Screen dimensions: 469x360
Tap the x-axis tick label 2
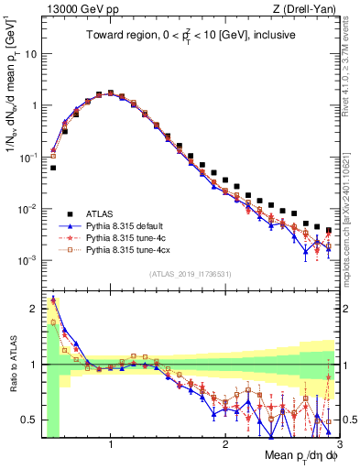point(225,444)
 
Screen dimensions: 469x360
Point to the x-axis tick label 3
point(338,444)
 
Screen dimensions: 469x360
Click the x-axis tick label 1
point(111,444)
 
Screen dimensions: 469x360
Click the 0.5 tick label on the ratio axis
point(28,420)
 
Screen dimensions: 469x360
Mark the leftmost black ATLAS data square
point(53,168)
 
